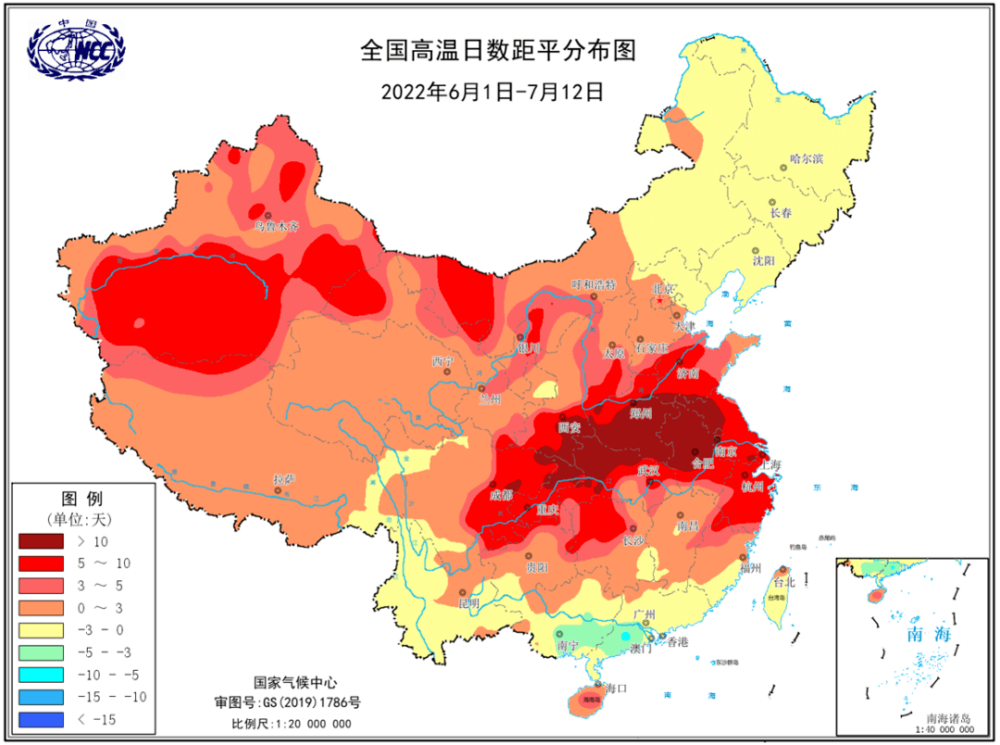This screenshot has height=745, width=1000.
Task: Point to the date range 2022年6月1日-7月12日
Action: click(492, 92)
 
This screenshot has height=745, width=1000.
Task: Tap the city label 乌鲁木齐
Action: click(276, 226)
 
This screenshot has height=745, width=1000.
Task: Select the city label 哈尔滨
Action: click(806, 158)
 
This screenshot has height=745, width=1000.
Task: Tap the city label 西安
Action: click(569, 427)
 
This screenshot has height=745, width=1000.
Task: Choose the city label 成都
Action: click(502, 494)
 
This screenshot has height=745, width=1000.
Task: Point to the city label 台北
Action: click(783, 582)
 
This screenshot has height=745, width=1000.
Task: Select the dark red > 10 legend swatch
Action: click(41, 540)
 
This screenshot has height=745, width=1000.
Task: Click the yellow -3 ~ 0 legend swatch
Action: click(41, 629)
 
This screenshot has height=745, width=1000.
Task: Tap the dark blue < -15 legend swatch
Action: click(41, 718)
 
